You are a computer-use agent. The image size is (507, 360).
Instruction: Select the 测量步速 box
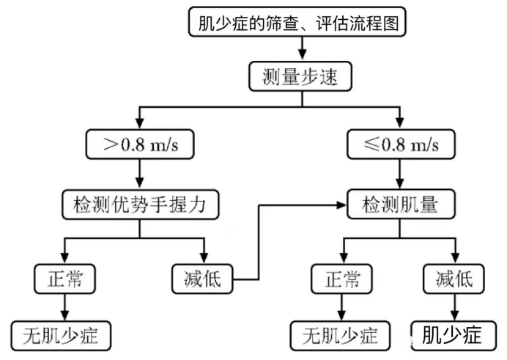click(300, 76)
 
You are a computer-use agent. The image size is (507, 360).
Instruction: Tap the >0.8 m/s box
click(140, 144)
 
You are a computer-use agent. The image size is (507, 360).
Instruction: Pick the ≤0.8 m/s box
click(399, 144)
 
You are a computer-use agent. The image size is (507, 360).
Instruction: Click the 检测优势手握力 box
click(140, 205)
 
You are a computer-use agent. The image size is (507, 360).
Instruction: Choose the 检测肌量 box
click(399, 205)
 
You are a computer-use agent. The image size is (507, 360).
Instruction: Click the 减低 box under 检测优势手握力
click(203, 279)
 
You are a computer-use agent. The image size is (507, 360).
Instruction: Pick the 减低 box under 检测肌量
click(453, 279)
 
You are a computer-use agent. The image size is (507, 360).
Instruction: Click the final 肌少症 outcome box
click(453, 335)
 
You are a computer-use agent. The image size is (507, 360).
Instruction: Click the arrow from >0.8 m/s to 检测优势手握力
click(140, 175)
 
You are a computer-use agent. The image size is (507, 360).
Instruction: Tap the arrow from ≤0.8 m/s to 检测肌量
click(399, 175)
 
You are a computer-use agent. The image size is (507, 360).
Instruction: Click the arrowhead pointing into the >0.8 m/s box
click(140, 125)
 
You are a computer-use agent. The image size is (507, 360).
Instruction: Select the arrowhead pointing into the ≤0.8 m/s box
click(399, 125)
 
